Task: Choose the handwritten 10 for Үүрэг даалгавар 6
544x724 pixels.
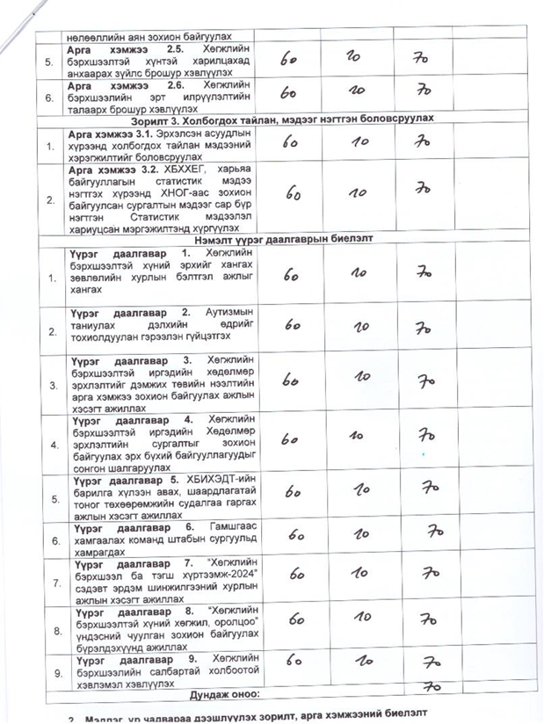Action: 361,532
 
